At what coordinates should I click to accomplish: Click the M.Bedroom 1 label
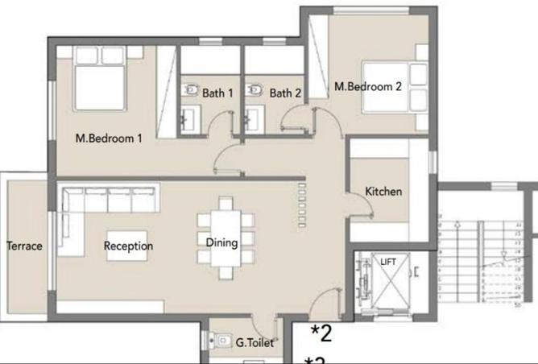pos(109,138)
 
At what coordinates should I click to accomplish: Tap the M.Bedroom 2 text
pos(368,86)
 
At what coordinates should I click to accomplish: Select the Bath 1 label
pos(217,93)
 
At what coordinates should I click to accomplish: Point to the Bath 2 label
pos(285,93)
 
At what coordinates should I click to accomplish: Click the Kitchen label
pos(383,192)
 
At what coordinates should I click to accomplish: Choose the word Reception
pos(129,246)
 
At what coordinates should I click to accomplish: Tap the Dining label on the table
pos(221,242)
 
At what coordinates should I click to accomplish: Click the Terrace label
pos(24,246)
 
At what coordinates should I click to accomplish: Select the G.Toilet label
pos(255,343)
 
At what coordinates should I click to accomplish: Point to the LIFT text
pos(388,262)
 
